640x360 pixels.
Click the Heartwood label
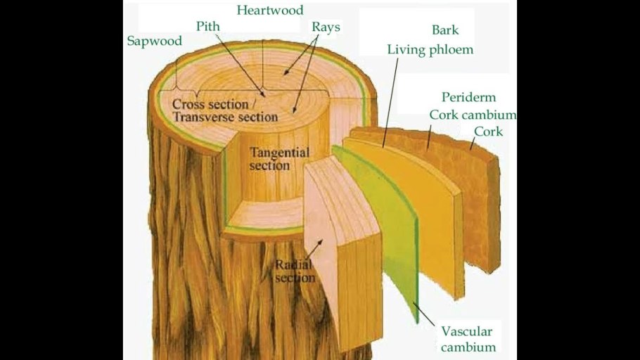pos(270,11)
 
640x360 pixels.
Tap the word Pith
pos(207,27)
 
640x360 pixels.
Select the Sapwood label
pos(154,41)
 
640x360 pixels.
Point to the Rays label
pos(326,27)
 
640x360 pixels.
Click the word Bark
pos(445,30)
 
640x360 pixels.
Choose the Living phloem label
pos(430,50)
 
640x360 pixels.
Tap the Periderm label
pos(468,97)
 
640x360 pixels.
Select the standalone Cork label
pos(488,131)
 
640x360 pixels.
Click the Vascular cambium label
pos(467,339)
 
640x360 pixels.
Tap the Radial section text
pos(295,271)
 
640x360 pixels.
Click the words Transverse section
pos(225,117)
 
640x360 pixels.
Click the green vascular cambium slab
pos(383,225)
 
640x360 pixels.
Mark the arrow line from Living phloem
pos(391,102)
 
